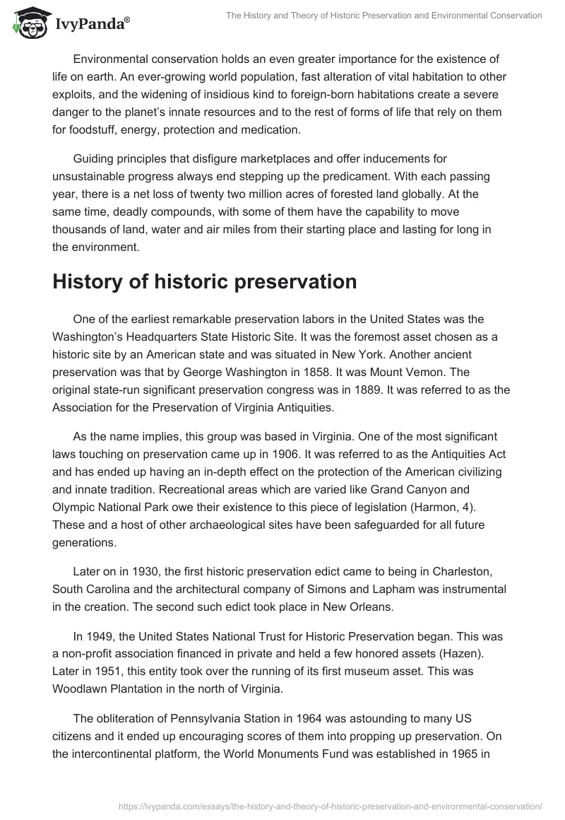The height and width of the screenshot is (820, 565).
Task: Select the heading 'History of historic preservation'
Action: [x=205, y=281]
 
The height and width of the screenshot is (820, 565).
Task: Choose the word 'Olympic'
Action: [x=73, y=507]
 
